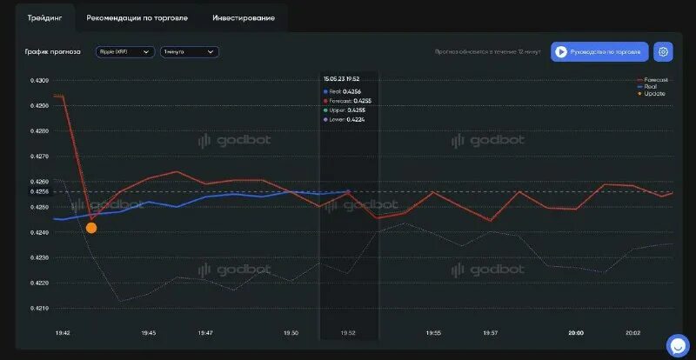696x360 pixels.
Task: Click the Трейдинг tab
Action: click(44, 17)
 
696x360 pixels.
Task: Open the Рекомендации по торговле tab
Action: click(137, 17)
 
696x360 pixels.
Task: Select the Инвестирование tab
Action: click(244, 17)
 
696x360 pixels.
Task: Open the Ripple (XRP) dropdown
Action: click(124, 52)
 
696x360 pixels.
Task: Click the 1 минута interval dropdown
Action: click(189, 52)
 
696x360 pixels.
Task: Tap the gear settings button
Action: click(663, 52)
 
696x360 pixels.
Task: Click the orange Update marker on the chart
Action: click(91, 228)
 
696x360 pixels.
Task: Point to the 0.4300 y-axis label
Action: click(40, 81)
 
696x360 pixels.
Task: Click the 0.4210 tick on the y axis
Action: click(40, 308)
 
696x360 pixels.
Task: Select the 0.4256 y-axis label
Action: click(40, 191)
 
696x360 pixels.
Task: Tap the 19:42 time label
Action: click(63, 333)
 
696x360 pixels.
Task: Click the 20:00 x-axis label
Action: click(576, 333)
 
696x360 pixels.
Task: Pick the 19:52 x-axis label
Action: click(348, 333)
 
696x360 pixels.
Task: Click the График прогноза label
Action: click(53, 52)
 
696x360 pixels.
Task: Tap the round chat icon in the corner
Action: click(678, 345)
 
